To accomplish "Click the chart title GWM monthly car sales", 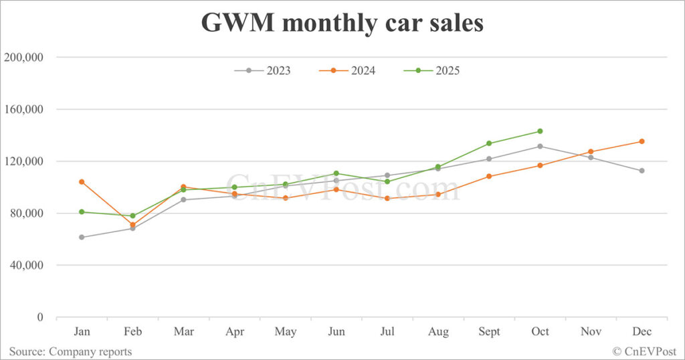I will pos(342,23).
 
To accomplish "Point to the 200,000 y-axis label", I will pos(24,58).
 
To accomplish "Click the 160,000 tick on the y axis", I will pos(24,109).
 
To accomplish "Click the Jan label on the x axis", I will pos(82,332).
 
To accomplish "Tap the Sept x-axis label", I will pos(489,332).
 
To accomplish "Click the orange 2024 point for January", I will pos(82,181).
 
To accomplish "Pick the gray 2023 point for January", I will pos(82,237).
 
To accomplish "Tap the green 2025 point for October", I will pos(540,131).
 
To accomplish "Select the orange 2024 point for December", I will pos(642,141).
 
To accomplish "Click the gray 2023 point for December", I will pos(642,171).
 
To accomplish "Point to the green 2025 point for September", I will pos(489,143).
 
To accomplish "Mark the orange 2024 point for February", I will pos(132,225).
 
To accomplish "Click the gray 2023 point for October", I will pos(540,146).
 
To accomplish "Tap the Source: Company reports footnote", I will pos(70,351).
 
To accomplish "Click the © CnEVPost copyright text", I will pos(644,351).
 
